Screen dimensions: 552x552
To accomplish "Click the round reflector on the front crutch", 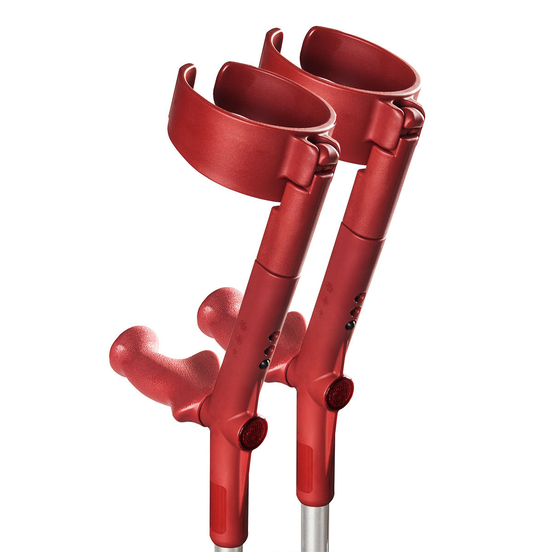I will (253, 433).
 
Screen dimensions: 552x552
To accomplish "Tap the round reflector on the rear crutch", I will (339, 393).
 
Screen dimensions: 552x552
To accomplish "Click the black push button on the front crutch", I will (264, 364).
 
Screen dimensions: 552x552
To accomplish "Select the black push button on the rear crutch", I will (350, 325).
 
